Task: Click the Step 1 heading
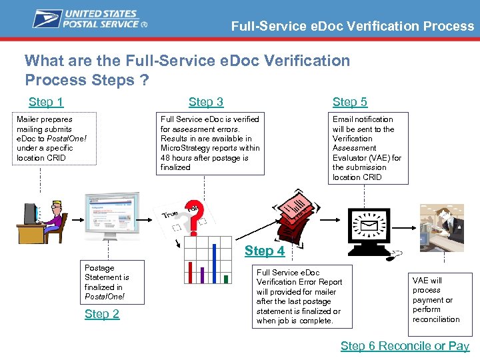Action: tap(46, 102)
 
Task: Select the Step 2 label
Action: tap(102, 314)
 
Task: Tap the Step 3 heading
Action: tap(206, 102)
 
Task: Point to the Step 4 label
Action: tap(265, 251)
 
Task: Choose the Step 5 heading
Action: tap(350, 102)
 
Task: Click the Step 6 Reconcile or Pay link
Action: tap(405, 345)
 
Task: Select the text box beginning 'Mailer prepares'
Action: tap(57, 139)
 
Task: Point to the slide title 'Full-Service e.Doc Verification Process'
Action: tap(352, 27)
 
